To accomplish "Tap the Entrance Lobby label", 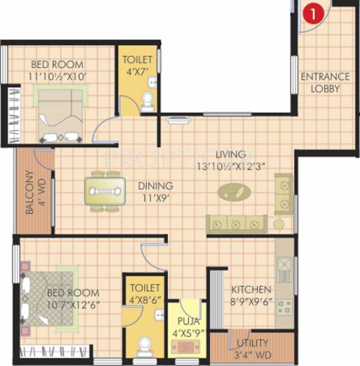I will click(324, 82).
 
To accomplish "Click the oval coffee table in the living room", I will click(234, 192).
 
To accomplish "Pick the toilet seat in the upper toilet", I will click(147, 102).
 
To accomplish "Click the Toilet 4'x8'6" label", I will click(145, 293).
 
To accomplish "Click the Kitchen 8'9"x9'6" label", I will click(251, 295).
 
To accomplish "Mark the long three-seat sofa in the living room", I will click(237, 223).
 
